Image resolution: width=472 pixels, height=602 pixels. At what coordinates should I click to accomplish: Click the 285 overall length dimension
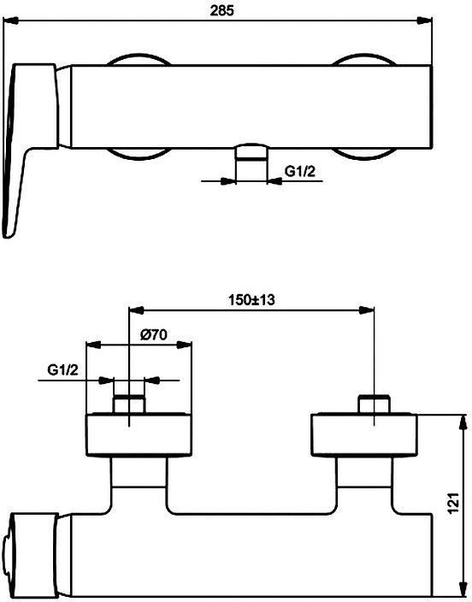click(221, 10)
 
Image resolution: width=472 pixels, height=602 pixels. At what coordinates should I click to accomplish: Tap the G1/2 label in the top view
click(299, 171)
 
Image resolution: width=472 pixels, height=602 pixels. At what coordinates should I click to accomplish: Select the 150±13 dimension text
click(251, 299)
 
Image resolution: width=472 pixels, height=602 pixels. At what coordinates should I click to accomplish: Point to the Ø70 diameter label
click(154, 335)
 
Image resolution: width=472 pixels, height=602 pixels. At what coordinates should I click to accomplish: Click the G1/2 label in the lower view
click(62, 370)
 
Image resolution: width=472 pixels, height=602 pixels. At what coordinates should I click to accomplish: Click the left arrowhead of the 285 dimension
click(10, 21)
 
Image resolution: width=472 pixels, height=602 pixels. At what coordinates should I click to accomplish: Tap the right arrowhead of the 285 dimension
click(425, 21)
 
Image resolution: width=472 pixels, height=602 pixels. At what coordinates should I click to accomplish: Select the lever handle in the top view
click(30, 150)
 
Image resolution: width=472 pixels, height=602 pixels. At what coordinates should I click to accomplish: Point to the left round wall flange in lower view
click(139, 434)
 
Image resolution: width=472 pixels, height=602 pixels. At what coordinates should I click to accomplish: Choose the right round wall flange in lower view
click(364, 434)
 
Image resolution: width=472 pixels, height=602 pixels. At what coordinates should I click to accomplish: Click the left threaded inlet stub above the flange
click(129, 404)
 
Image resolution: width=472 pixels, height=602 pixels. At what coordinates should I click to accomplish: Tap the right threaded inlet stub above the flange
click(374, 404)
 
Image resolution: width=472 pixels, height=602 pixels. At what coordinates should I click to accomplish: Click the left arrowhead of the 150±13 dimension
click(136, 310)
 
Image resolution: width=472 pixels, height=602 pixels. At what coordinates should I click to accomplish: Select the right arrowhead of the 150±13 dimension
click(366, 310)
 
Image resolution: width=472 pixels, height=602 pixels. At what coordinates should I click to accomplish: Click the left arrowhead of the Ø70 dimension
click(93, 345)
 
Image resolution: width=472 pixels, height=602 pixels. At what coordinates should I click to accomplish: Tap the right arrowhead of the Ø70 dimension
click(184, 345)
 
